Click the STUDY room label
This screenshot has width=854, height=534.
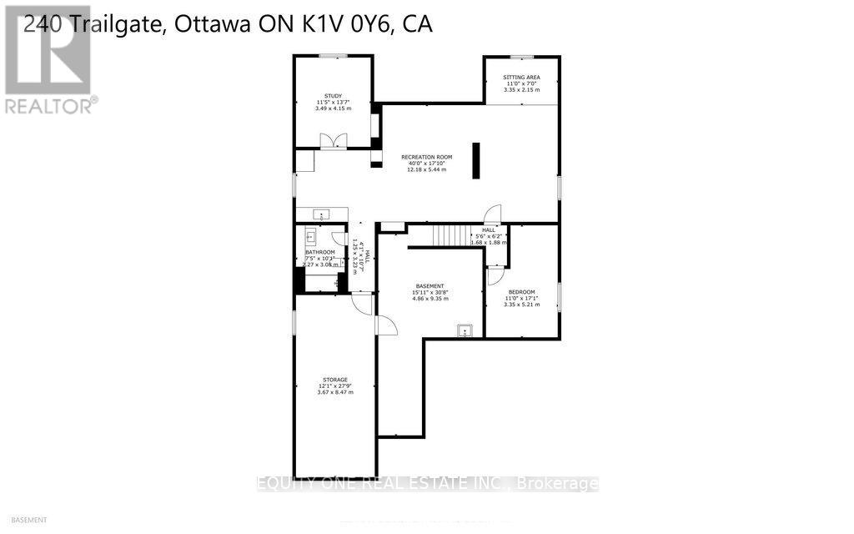pyautogui.click(x=333, y=96)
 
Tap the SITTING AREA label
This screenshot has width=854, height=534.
pyautogui.click(x=521, y=77)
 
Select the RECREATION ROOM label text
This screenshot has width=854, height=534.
pyautogui.click(x=426, y=157)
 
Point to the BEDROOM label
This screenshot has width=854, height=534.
pyautogui.click(x=521, y=292)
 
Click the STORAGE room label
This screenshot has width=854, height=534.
pyautogui.click(x=335, y=379)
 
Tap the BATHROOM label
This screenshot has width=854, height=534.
pyautogui.click(x=319, y=252)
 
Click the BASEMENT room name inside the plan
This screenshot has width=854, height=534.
pyautogui.click(x=432, y=285)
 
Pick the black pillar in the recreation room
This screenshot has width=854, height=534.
pyautogui.click(x=476, y=160)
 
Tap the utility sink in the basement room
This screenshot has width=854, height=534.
pyautogui.click(x=464, y=330)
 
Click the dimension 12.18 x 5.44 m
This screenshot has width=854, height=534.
pyautogui.click(x=426, y=169)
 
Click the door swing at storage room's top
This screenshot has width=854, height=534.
pyautogui.click(x=361, y=304)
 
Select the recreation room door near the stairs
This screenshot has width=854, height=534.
pyautogui.click(x=493, y=214)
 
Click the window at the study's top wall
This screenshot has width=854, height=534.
pyautogui.click(x=333, y=56)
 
